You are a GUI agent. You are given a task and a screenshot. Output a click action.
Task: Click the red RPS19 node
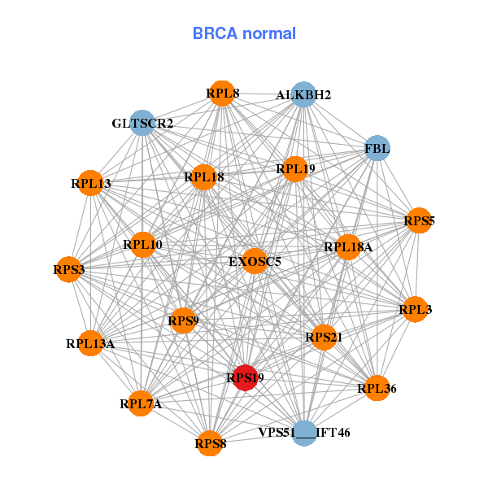pos(246,378)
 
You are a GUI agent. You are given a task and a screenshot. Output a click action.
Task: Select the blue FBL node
pos(377,148)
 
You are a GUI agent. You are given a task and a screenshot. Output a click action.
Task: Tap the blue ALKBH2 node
pos(303,94)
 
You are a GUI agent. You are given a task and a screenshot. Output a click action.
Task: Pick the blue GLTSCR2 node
pos(143,123)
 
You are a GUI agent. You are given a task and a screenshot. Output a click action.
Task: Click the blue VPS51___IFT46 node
pos(304,432)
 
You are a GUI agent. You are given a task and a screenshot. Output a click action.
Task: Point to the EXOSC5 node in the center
pos(255,261)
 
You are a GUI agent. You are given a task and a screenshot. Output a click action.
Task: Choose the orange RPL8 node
pos(221,94)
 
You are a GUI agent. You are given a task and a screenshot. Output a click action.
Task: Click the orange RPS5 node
pos(418,220)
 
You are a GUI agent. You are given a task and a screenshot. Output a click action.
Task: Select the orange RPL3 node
pos(415,309)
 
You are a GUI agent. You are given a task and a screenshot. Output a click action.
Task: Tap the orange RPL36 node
pos(377,389)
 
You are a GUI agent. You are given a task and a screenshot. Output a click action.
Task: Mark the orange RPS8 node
pos(211,443)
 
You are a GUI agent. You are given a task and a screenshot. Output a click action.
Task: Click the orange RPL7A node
pos(142,403)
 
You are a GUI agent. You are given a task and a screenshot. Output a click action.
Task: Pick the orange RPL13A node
pos(92,343)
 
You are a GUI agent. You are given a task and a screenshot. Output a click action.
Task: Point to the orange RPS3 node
pos(69,269)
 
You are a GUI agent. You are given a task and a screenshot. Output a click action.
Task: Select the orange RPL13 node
pos(91,183)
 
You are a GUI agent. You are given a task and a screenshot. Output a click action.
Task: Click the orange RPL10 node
pos(143,244)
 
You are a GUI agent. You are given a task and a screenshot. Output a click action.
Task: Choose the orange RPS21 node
pos(323,337)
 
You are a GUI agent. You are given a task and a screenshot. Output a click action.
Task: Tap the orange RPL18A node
pos(347,247)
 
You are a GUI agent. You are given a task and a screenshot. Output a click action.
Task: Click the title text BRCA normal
pos(244,34)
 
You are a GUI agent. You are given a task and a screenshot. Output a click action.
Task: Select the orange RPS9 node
pos(183,321)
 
